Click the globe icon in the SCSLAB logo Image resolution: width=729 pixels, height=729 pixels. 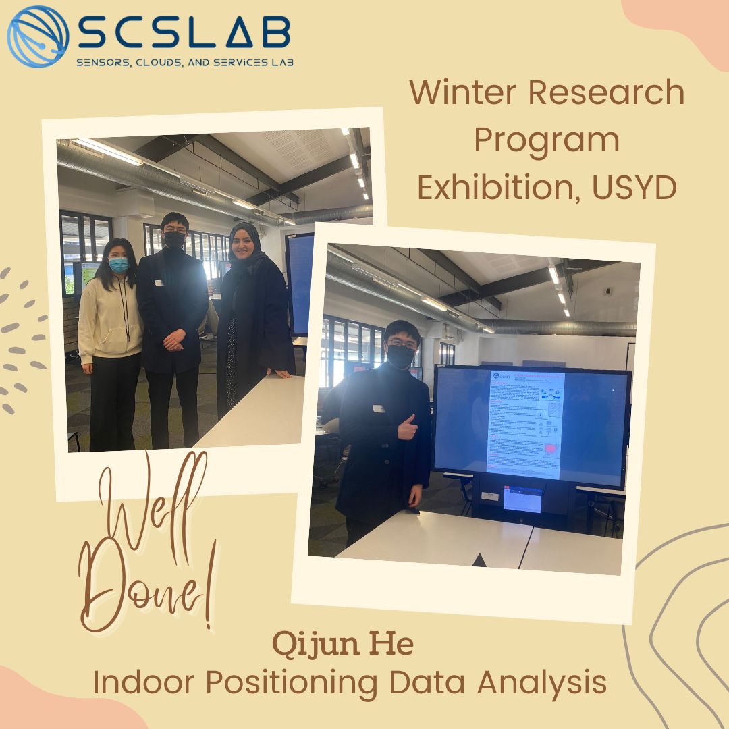pyautogui.click(x=38, y=36)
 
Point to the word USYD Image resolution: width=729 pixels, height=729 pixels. pyautogui.click(x=634, y=188)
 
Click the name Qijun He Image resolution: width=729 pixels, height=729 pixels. pyautogui.click(x=343, y=645)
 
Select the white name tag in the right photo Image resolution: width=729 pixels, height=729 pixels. pyautogui.click(x=379, y=408)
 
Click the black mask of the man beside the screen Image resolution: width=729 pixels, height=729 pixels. pyautogui.click(x=400, y=356)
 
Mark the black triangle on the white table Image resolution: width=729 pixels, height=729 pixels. pyautogui.click(x=479, y=560)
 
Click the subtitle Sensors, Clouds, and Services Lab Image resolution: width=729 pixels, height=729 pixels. pyautogui.click(x=184, y=61)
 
